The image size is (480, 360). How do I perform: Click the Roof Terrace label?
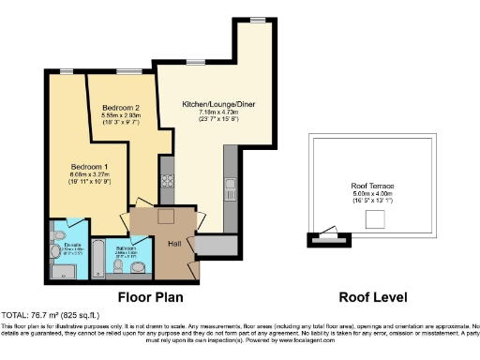coord(372,187)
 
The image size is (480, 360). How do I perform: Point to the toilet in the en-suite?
coord(59,234)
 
